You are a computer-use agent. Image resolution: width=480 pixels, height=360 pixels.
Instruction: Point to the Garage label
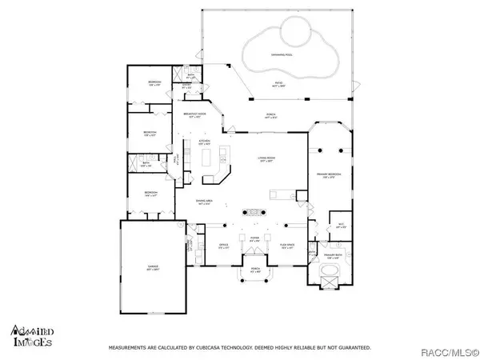coord(152,266)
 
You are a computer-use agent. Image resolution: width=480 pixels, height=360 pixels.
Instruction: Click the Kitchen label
coord(204,143)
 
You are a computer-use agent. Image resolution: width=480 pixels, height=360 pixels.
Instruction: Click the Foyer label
coord(254,238)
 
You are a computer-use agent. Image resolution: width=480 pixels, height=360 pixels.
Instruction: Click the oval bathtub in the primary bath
coord(329,274)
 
